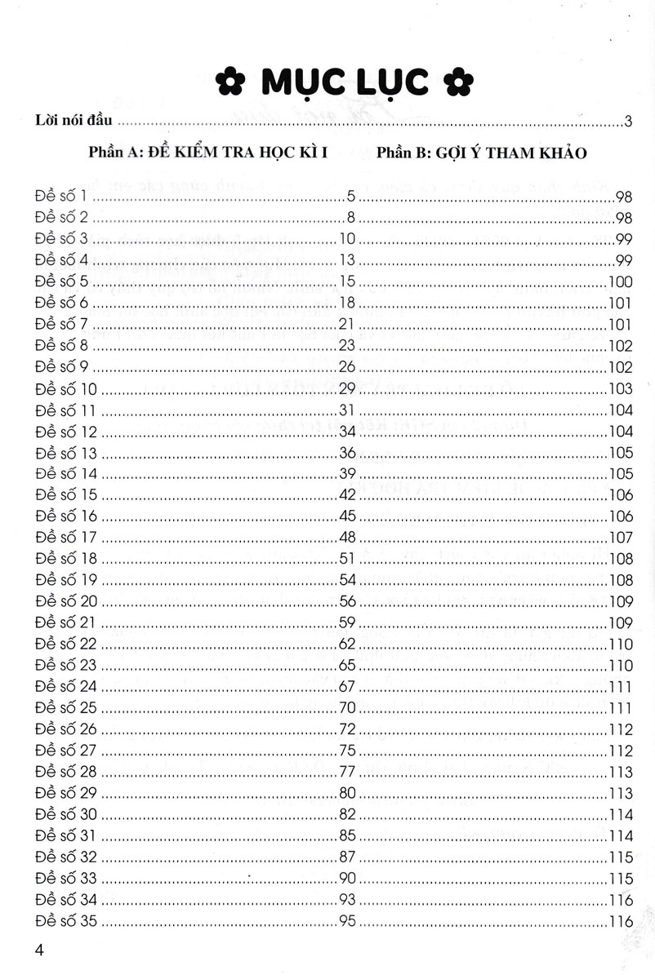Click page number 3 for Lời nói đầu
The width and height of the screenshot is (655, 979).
(629, 122)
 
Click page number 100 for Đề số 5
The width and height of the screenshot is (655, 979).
(622, 282)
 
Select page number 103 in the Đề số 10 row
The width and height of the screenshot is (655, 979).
(622, 388)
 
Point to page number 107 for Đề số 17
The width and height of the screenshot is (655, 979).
(622, 538)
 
